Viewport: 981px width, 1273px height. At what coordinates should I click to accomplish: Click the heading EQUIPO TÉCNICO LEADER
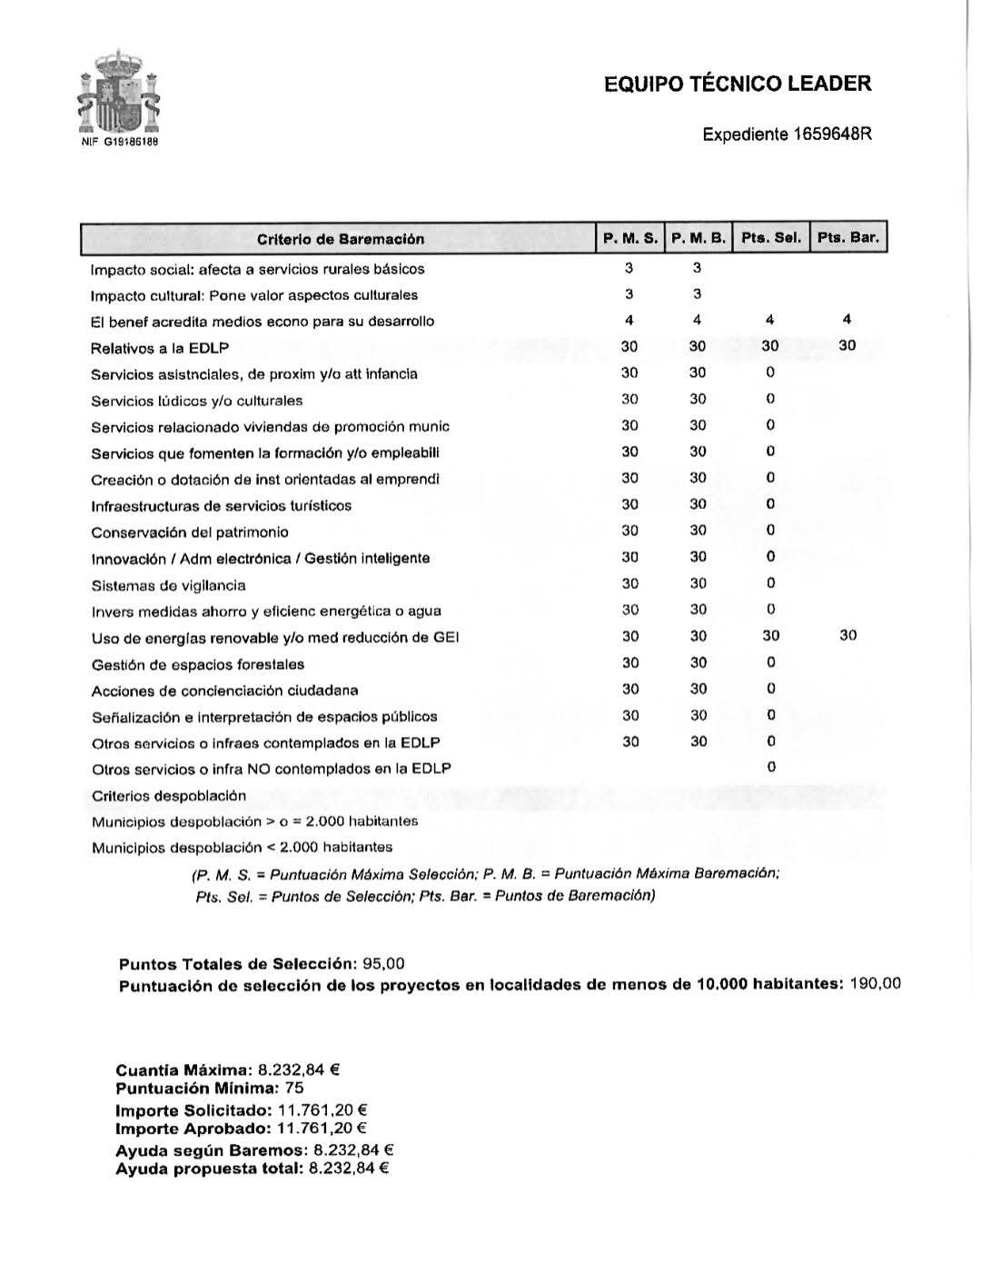(738, 85)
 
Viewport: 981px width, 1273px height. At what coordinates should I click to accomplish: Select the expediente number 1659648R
(832, 134)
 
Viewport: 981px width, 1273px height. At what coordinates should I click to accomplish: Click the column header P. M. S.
(629, 238)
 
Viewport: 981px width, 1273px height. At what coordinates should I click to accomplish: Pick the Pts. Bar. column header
(847, 238)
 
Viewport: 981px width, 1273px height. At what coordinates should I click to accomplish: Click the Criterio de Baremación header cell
(341, 239)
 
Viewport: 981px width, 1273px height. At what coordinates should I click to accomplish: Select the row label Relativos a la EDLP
(160, 348)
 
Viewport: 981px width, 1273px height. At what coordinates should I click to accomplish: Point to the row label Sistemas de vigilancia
(168, 585)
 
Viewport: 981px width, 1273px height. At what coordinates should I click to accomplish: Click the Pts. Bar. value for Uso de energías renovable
(847, 635)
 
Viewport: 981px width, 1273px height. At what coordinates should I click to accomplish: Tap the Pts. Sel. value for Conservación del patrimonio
(770, 530)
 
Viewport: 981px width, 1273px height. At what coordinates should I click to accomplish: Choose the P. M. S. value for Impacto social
(629, 268)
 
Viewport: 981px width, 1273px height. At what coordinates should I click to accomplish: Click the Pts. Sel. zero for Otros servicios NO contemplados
(771, 767)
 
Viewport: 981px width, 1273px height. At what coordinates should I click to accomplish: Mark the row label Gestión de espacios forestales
(198, 664)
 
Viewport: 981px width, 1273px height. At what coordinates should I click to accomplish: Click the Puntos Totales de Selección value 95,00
(383, 963)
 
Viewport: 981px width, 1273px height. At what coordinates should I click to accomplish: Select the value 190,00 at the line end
(875, 984)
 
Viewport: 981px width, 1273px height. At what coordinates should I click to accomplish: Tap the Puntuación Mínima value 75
(293, 1088)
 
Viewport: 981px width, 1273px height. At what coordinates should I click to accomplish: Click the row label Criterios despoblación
(169, 796)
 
